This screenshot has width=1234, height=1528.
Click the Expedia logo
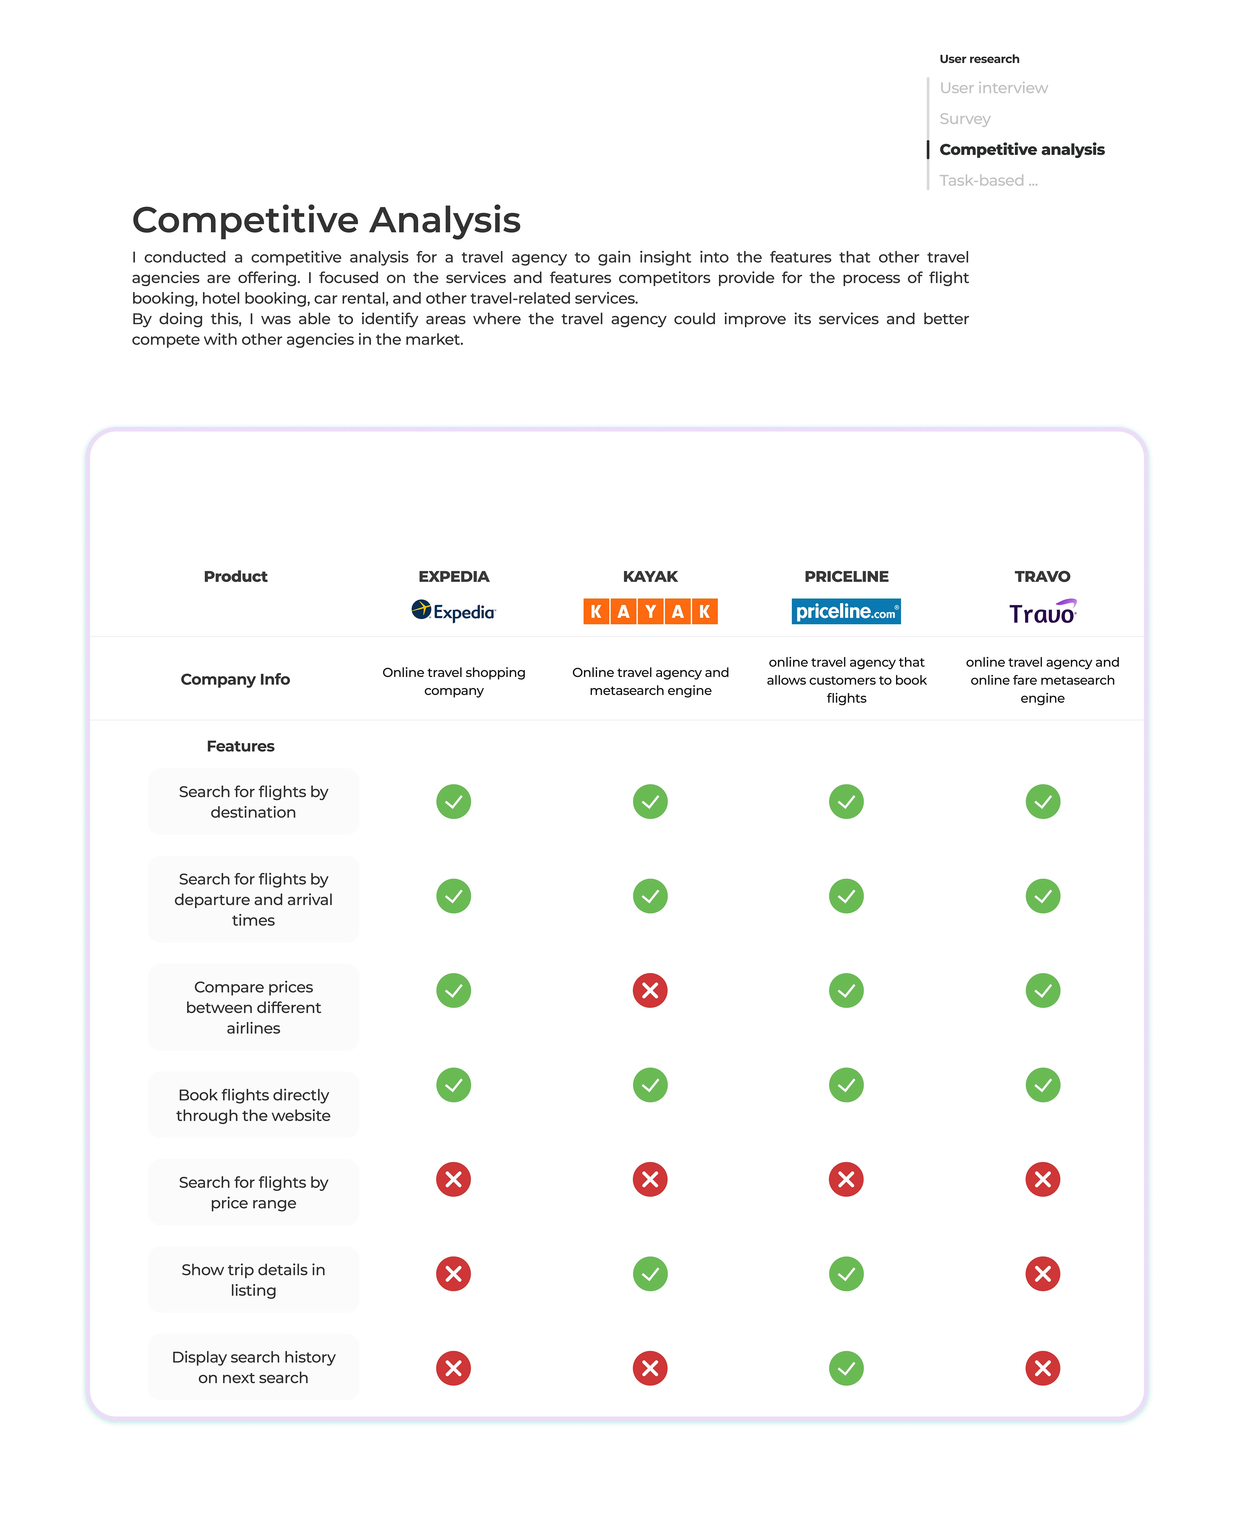(453, 611)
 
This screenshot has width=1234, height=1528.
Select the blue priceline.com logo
(846, 611)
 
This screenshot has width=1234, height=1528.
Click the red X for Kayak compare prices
(650, 990)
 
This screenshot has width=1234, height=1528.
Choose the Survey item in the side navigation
(965, 119)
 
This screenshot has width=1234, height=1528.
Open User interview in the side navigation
(993, 88)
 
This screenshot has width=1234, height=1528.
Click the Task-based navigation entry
(988, 181)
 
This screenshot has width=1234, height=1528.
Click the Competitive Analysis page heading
(326, 220)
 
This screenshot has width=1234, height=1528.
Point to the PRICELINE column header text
(846, 576)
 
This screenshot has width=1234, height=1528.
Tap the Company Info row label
(235, 680)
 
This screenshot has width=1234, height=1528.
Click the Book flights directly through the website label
(253, 1105)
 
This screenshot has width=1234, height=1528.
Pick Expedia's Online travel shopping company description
(453, 681)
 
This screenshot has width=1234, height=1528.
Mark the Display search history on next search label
(253, 1367)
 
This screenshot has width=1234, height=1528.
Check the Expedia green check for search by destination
(453, 802)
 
